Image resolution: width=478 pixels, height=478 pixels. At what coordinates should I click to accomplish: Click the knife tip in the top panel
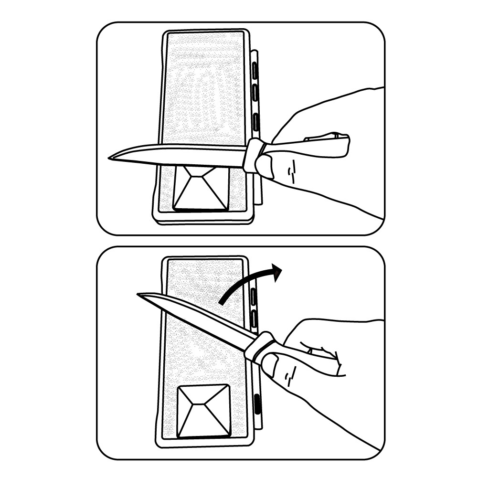point(110,157)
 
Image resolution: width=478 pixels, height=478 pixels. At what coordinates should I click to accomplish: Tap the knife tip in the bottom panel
point(139,295)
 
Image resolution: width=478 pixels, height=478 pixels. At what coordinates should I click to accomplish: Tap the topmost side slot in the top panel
point(255,71)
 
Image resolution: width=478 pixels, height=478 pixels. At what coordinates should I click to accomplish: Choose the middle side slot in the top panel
point(256,94)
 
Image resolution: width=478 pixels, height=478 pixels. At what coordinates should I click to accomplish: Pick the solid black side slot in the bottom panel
point(257,404)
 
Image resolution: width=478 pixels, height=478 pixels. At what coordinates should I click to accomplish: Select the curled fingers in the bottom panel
point(329,358)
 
